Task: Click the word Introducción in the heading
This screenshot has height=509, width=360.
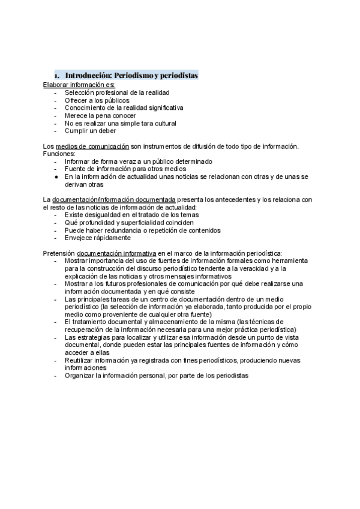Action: pyautogui.click(x=87, y=76)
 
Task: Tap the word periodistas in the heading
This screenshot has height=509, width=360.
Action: pyautogui.click(x=178, y=76)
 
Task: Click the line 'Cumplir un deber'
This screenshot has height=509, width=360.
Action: pyautogui.click(x=91, y=130)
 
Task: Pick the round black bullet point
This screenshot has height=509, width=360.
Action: pyautogui.click(x=56, y=176)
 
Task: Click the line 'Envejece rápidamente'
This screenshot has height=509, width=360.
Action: pyautogui.click(x=98, y=238)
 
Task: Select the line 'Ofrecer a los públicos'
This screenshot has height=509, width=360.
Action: pyautogui.click(x=97, y=100)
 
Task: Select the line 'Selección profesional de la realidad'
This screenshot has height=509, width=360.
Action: pyautogui.click(x=118, y=93)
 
